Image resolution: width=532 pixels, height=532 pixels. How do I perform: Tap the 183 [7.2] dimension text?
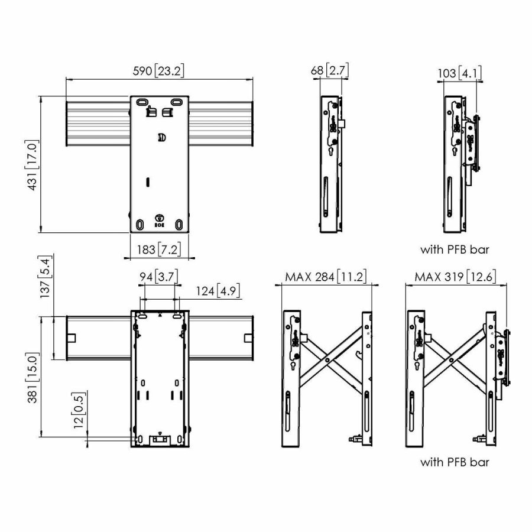pyautogui.click(x=158, y=249)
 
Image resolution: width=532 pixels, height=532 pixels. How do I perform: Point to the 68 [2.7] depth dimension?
pyautogui.click(x=330, y=71)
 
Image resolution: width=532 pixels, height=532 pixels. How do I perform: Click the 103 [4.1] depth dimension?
pyautogui.click(x=460, y=73)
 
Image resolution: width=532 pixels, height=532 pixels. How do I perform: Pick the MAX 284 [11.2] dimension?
pyautogui.click(x=326, y=277)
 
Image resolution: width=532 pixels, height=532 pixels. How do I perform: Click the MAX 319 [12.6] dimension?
pyautogui.click(x=456, y=277)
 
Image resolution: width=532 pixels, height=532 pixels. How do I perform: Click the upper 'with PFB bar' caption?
pyautogui.click(x=455, y=249)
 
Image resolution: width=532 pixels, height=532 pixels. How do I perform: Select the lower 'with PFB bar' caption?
pyautogui.click(x=455, y=462)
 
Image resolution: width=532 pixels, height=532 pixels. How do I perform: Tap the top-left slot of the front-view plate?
pyautogui.click(x=142, y=102)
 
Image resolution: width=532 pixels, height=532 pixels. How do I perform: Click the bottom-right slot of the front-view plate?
pyautogui.click(x=179, y=225)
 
